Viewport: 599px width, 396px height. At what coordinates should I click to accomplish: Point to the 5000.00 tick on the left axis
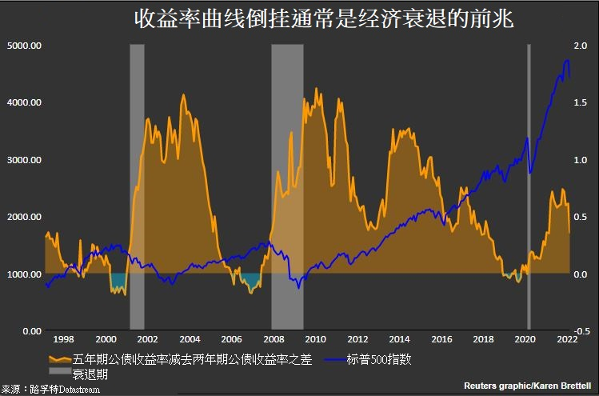click(x=24, y=46)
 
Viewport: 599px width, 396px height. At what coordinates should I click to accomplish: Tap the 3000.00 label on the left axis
click(x=24, y=160)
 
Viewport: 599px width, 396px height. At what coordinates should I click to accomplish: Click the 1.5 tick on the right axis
click(x=580, y=102)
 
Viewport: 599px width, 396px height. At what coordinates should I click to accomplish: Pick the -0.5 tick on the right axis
click(x=581, y=330)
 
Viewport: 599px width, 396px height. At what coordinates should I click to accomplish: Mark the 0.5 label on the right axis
click(x=580, y=217)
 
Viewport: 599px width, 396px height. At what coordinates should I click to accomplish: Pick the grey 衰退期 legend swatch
click(x=58, y=373)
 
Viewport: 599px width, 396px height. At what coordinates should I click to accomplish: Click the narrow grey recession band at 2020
click(x=529, y=160)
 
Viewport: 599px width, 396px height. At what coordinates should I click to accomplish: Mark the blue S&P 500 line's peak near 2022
click(x=567, y=61)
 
